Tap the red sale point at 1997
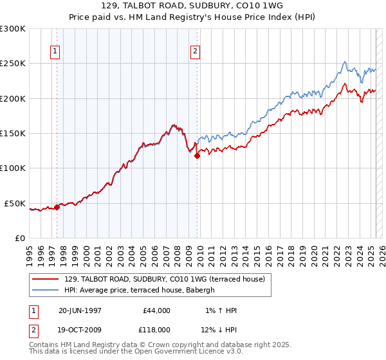tap(57, 207)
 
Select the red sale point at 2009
tap(198, 155)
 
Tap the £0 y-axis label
tap(20, 238)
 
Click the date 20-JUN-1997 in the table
tap(80, 310)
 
